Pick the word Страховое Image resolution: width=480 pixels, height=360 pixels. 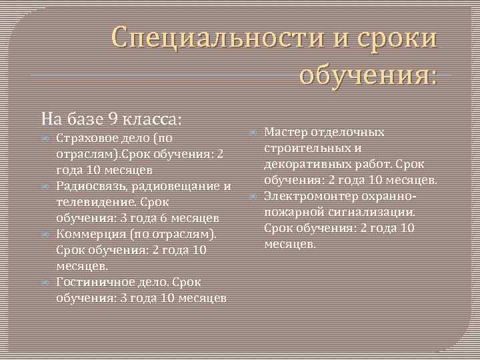tap(83, 139)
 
